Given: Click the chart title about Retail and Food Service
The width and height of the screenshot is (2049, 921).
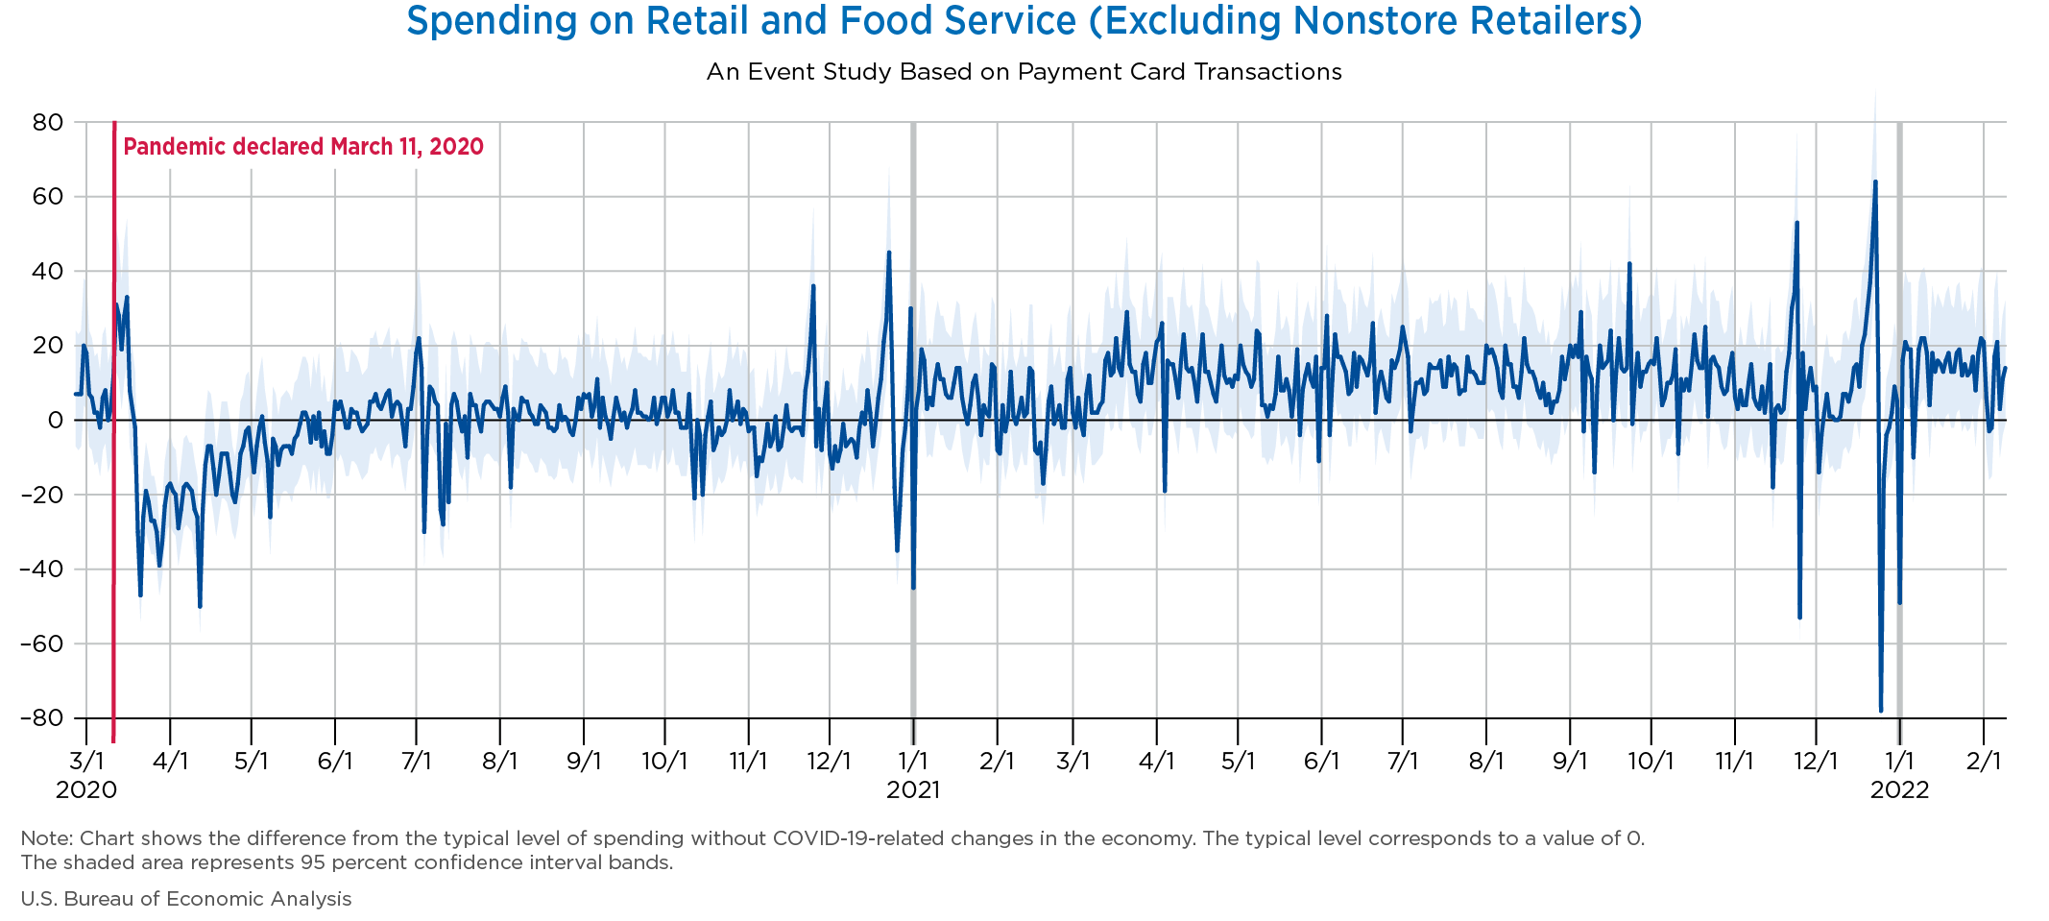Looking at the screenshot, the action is tap(1024, 21).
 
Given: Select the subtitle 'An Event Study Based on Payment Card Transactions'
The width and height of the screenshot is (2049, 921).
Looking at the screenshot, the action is tap(1024, 72).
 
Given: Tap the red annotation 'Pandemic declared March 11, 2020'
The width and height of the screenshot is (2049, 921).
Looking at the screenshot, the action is tap(303, 147).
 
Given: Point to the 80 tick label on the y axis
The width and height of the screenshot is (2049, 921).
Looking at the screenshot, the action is tap(46, 122).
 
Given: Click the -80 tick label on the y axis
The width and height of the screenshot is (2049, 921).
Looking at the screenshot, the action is tap(39, 718).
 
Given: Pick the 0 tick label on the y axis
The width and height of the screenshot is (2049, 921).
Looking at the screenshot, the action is tap(55, 421).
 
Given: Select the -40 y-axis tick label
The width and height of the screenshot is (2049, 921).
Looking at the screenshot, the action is tap(39, 570).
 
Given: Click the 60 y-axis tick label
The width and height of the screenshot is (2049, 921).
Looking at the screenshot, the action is tap(46, 197).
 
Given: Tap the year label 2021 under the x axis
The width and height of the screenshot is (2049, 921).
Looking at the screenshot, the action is tap(913, 790).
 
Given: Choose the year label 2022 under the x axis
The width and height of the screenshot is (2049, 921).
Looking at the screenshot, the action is tap(1899, 790).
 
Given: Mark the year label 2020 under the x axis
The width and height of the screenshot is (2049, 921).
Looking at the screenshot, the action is tap(86, 790).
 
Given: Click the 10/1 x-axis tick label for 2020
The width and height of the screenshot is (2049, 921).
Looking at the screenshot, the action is tap(664, 762).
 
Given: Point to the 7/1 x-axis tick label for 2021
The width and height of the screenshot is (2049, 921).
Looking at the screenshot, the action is tap(1403, 762).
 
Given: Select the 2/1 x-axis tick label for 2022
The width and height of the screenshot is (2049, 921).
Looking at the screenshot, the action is tap(1984, 762).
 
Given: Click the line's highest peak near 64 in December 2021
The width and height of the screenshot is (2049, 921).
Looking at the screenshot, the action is tap(1875, 182).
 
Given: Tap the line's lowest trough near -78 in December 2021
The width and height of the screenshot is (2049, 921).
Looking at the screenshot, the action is tap(1881, 711).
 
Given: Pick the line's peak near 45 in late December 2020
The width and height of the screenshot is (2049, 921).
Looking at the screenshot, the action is tap(888, 253).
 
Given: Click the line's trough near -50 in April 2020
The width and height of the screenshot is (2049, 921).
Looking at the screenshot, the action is tap(200, 606).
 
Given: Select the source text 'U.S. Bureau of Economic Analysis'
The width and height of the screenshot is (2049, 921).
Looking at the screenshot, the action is tap(186, 899).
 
